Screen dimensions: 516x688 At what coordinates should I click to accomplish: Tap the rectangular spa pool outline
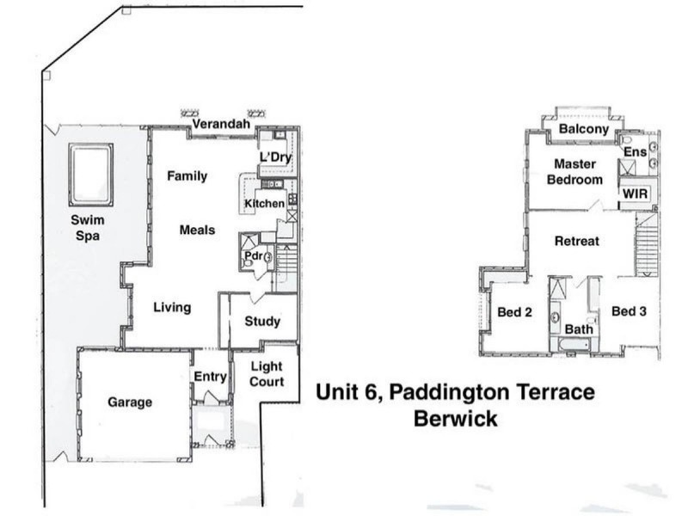click(x=91, y=163)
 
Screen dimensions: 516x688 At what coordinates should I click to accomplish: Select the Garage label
click(x=130, y=402)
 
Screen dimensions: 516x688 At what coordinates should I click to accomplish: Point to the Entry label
click(x=210, y=377)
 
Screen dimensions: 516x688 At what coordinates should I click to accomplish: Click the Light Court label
click(x=267, y=374)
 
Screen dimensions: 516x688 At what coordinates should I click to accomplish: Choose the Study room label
click(x=262, y=322)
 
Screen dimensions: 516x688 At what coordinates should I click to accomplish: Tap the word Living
click(x=172, y=307)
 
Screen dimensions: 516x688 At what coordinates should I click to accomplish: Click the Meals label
click(x=197, y=230)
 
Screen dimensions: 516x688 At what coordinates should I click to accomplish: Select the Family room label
click(x=187, y=176)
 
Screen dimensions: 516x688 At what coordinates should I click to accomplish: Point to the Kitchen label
click(x=264, y=203)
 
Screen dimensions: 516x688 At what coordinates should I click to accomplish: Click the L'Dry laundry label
click(x=275, y=157)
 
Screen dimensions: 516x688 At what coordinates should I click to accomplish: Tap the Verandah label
click(x=220, y=125)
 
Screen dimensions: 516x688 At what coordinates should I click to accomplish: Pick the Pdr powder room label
click(x=253, y=255)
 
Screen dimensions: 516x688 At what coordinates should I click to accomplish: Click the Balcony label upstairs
click(x=584, y=129)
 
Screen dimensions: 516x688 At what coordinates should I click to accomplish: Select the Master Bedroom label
click(x=574, y=172)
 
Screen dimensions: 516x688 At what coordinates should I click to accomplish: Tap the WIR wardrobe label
click(x=637, y=194)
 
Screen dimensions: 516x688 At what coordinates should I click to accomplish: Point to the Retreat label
click(x=576, y=241)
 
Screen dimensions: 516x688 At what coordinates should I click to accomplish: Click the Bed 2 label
click(x=514, y=312)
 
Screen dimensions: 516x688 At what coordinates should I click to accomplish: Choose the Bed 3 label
click(x=629, y=311)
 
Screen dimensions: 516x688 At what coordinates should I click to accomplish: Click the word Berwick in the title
click(x=455, y=421)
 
